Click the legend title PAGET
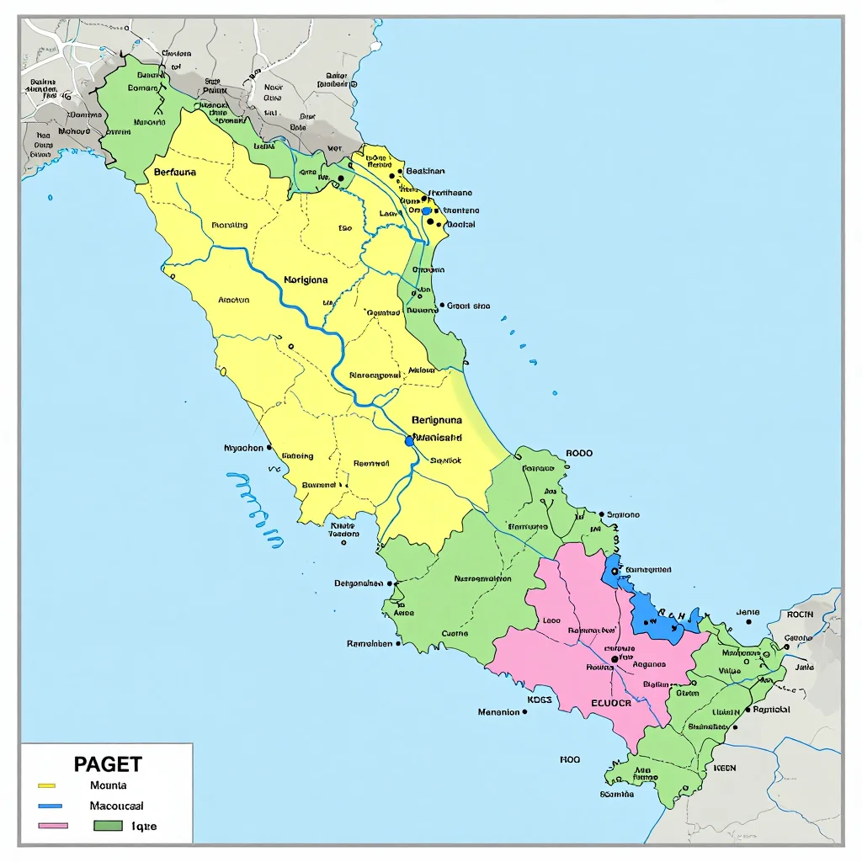pyautogui.click(x=108, y=764)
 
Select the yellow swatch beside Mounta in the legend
pyautogui.click(x=46, y=785)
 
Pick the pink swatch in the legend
pyautogui.click(x=53, y=826)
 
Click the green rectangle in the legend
pyautogui.click(x=109, y=826)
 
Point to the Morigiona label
pyautogui.click(x=306, y=279)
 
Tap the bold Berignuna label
pyautogui.click(x=437, y=418)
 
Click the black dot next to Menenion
pyautogui.click(x=525, y=711)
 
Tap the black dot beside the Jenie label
pyautogui.click(x=748, y=622)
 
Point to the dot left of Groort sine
pyautogui.click(x=442, y=306)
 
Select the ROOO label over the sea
pyautogui.click(x=579, y=453)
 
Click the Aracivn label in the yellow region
pyautogui.click(x=233, y=300)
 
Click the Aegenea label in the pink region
pyautogui.click(x=648, y=664)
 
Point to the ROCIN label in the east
pyautogui.click(x=800, y=615)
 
